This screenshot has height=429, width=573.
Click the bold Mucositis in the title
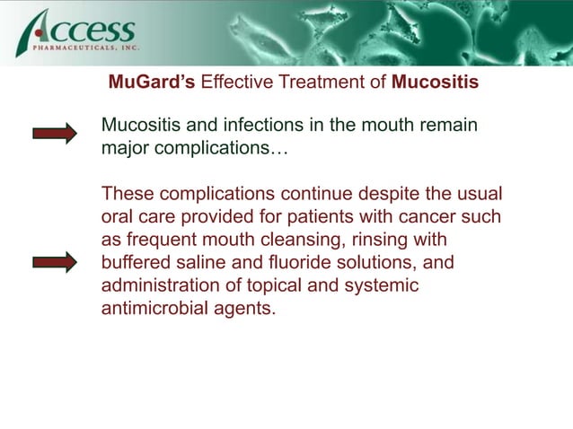coord(436,83)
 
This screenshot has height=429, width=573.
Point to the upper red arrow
coord(55,134)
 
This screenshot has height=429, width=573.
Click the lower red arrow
coord(55,262)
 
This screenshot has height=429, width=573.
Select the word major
coord(124,148)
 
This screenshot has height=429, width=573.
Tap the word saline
coord(208,264)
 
